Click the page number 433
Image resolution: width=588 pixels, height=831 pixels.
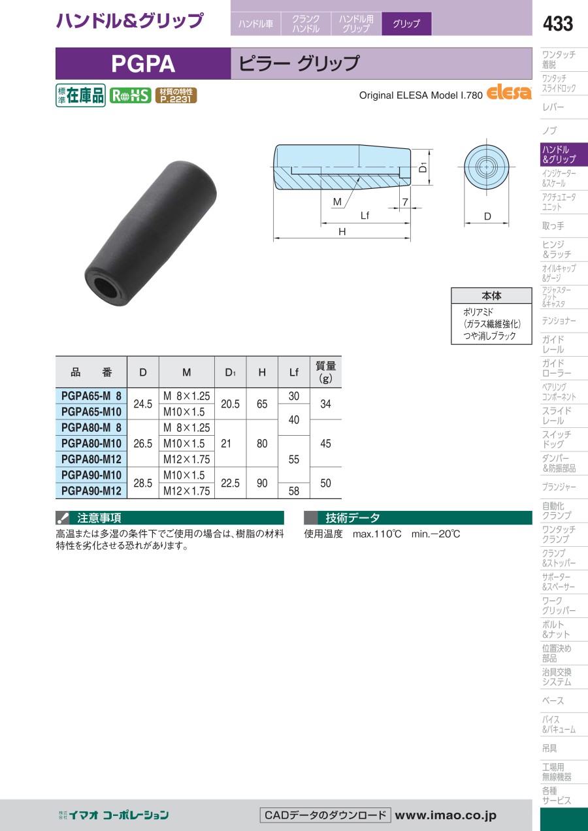click(x=558, y=24)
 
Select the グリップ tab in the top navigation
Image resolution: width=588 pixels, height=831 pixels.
click(x=406, y=24)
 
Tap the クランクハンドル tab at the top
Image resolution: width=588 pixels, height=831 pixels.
click(x=306, y=24)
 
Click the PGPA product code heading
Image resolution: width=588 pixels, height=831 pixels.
click(x=143, y=64)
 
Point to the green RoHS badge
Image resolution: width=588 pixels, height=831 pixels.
click(x=130, y=95)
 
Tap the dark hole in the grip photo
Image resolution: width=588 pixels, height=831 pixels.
click(x=105, y=287)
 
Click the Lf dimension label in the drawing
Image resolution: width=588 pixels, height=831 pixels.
click(x=365, y=216)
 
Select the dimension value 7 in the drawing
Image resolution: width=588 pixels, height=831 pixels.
click(x=405, y=202)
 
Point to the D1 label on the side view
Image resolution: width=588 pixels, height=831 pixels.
click(x=423, y=167)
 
